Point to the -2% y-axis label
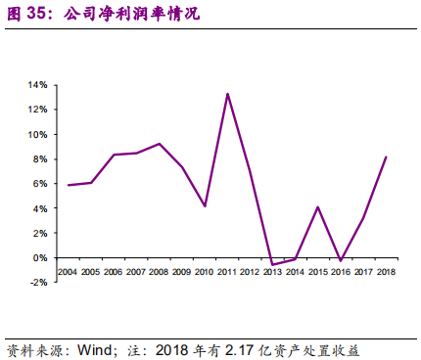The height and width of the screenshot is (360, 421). pyautogui.click(x=38, y=283)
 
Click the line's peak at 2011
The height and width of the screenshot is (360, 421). pyautogui.click(x=227, y=94)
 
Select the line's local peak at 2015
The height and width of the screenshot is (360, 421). pyautogui.click(x=318, y=206)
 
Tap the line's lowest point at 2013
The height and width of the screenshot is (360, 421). pyautogui.click(x=273, y=264)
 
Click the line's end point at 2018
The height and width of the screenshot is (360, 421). pyautogui.click(x=387, y=157)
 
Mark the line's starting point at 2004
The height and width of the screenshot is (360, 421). pyautogui.click(x=69, y=185)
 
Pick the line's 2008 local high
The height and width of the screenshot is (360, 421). pyautogui.click(x=160, y=144)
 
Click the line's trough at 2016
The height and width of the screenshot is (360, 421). pyautogui.click(x=341, y=260)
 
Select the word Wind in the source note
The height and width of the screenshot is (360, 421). pyautogui.click(x=95, y=348)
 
